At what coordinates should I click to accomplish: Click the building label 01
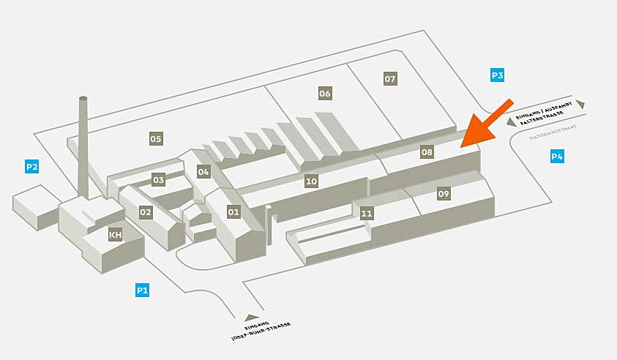pos(233,212)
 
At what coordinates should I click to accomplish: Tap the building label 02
pos(146,212)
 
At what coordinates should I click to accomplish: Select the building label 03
pos(159,179)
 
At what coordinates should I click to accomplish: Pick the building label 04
pos(203,172)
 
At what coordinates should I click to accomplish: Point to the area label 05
pos(155,138)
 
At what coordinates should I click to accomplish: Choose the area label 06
pos(325,94)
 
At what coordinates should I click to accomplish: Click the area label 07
pos(390,78)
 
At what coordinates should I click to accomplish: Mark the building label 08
pos(427,152)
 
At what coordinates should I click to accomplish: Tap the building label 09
pos(444,194)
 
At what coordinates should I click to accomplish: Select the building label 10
pos(311,181)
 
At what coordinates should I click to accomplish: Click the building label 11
pos(367,214)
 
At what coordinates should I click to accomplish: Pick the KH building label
pos(115,235)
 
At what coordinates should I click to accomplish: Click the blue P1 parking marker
pos(142,290)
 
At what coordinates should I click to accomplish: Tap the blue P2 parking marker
pos(31,167)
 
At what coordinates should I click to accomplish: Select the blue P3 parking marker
pos(497,75)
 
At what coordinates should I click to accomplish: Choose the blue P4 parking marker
pos(557,156)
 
